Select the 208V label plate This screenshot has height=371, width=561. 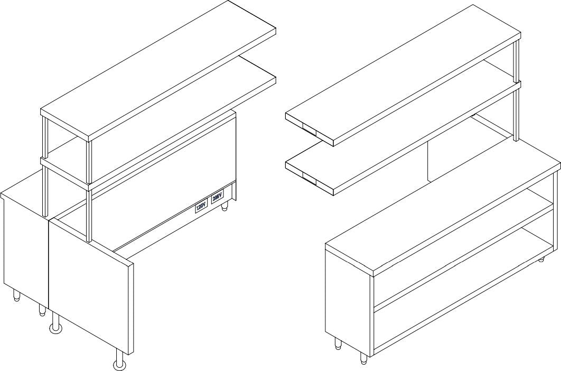pyautogui.click(x=217, y=198)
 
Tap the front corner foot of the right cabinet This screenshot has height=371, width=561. pyautogui.click(x=363, y=358)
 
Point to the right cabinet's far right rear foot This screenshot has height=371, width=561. pyautogui.click(x=542, y=259)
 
